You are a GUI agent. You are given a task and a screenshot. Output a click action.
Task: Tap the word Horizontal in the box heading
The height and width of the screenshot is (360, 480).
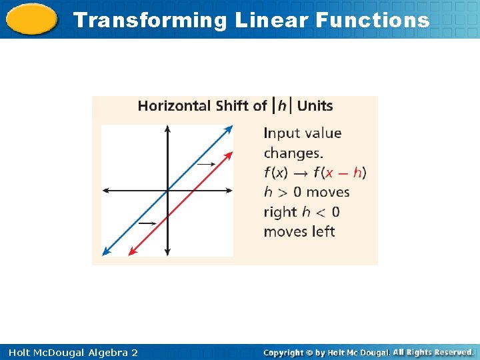175,106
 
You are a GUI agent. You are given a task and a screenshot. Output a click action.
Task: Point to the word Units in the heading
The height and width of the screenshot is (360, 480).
315,106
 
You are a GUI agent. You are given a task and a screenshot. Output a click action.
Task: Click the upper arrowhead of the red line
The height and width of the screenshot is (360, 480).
230,155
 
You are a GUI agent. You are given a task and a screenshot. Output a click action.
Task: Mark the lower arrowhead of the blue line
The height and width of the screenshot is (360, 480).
106,252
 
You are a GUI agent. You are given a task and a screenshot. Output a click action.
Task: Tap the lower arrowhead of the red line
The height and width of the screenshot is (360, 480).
131,252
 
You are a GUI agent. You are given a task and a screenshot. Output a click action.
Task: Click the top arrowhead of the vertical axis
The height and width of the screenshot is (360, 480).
167,129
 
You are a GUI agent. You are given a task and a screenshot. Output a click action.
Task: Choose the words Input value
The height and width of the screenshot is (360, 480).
303,133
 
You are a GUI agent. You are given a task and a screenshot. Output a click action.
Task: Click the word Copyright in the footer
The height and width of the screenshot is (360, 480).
283,353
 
